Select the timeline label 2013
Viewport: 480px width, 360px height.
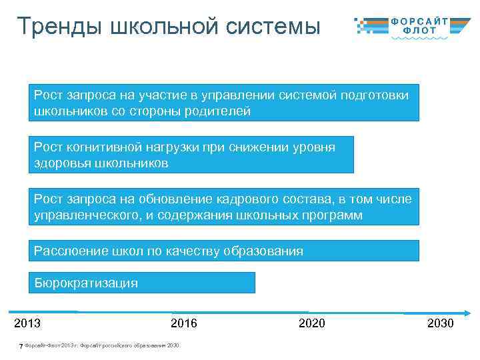pyautogui.click(x=27, y=323)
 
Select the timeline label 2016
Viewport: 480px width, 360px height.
pyautogui.click(x=184, y=323)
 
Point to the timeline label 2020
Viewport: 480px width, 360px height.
pyautogui.click(x=312, y=323)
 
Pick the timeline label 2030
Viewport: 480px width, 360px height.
pyautogui.click(x=440, y=323)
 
